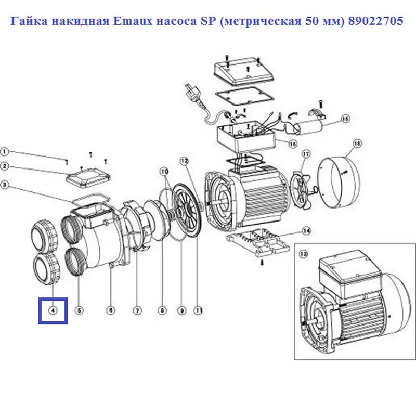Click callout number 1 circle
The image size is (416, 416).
[x=4, y=152]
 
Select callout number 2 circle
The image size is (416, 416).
[x=4, y=167]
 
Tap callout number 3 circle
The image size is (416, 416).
[x=4, y=185]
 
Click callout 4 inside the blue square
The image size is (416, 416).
[x=53, y=310]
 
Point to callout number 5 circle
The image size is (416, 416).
[x=79, y=310]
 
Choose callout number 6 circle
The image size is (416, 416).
[x=110, y=310]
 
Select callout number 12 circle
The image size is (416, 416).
[x=183, y=161]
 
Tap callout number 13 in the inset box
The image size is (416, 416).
[x=304, y=254]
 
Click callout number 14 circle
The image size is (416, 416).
[x=306, y=230]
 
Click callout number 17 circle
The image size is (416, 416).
[x=306, y=153]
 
